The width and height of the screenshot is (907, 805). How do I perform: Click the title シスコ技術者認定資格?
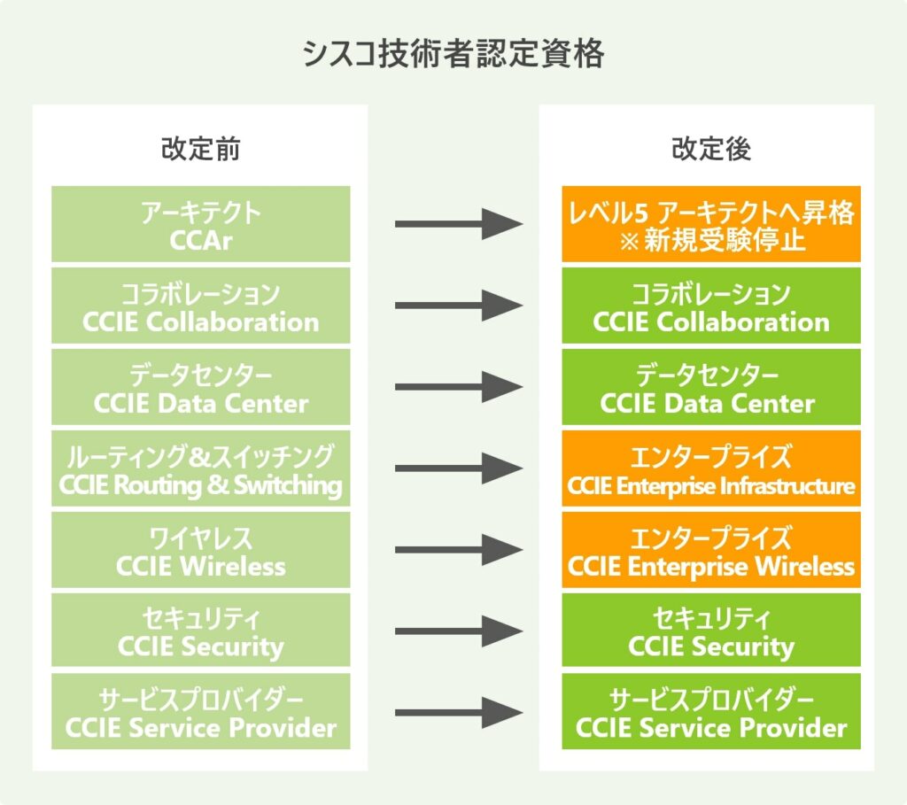pyautogui.click(x=453, y=55)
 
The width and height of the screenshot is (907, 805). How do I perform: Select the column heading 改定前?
pyautogui.click(x=200, y=149)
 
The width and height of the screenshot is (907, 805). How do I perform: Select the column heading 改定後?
pyautogui.click(x=710, y=149)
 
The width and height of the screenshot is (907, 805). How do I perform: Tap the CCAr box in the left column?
pyautogui.click(x=200, y=225)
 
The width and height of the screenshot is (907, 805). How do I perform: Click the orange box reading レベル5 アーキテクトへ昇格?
pyautogui.click(x=710, y=225)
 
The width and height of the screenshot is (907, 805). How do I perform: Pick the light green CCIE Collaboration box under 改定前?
pyautogui.click(x=200, y=306)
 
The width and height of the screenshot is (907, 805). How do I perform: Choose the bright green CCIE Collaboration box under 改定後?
pyautogui.click(x=710, y=306)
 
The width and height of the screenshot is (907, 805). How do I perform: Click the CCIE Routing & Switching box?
pyautogui.click(x=200, y=470)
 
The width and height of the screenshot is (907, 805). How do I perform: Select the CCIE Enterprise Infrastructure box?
pyautogui.click(x=710, y=470)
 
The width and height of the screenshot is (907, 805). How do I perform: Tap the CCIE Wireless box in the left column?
pyautogui.click(x=200, y=551)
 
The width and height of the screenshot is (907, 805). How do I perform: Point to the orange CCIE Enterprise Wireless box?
pyautogui.click(x=710, y=551)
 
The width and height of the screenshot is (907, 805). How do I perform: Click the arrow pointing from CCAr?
pyautogui.click(x=457, y=224)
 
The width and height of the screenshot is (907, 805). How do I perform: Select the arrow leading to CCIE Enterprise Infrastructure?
pyautogui.click(x=457, y=468)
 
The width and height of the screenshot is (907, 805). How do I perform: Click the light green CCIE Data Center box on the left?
pyautogui.click(x=200, y=388)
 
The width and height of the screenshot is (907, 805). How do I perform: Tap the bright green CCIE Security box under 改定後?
pyautogui.click(x=710, y=631)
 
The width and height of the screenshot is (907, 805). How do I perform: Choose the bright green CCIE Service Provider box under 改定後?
pyautogui.click(x=710, y=713)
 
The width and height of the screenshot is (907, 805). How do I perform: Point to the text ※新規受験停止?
pyautogui.click(x=710, y=241)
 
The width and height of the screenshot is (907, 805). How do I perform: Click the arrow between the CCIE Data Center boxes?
pyautogui.click(x=457, y=387)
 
